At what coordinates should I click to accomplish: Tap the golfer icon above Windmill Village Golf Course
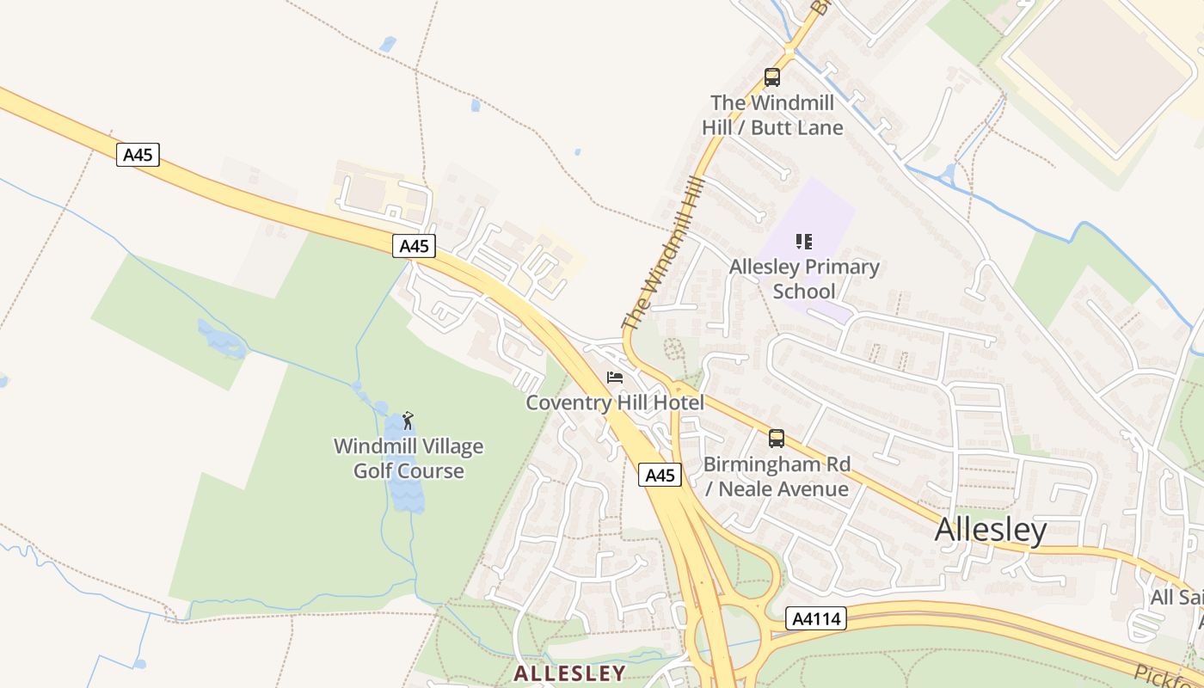coord(408,421)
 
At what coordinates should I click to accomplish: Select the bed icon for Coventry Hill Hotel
coord(615,378)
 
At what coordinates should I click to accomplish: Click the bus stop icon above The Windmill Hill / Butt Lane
coord(772,77)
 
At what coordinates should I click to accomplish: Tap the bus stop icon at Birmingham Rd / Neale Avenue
coord(777,439)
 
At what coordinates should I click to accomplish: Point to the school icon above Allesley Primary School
coord(804,242)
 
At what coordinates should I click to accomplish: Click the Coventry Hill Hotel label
coord(615,402)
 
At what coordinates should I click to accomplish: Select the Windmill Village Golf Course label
coord(408,458)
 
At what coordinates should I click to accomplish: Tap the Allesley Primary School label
coord(804,279)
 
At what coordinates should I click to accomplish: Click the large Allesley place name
coord(991,530)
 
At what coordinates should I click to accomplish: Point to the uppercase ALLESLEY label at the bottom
coord(569,673)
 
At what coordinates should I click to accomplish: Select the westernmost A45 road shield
coord(138,155)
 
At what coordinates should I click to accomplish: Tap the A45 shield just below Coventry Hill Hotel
coord(660,475)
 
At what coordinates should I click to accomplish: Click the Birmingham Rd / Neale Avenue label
coord(777,476)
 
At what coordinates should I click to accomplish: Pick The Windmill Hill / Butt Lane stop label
coord(772,115)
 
